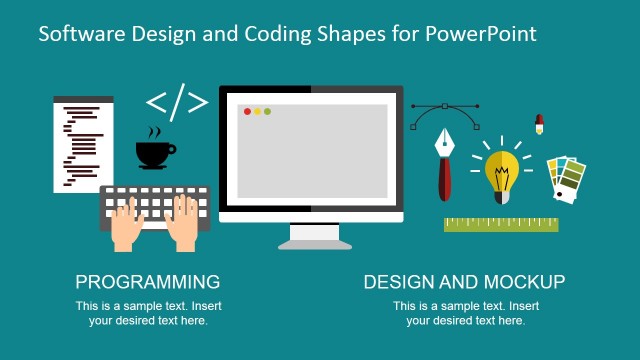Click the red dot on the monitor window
[246, 111]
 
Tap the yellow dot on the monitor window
[257, 111]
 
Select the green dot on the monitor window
[268, 111]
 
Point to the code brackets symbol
[177, 102]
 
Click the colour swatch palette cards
[567, 177]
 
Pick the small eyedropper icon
[539, 124]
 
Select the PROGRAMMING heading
[148, 282]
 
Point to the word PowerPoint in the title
[481, 34]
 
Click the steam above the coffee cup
[154, 132]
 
